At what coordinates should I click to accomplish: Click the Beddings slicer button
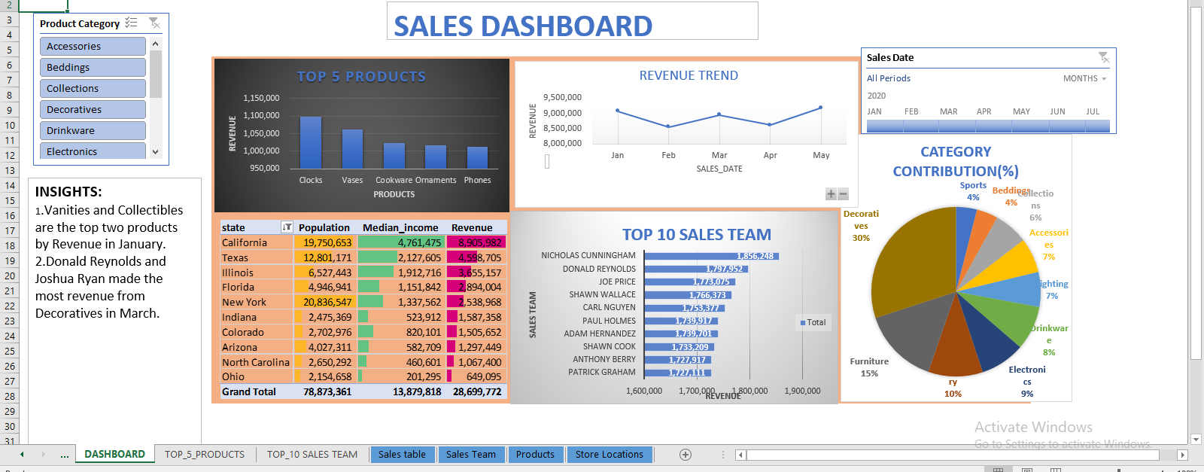(92, 67)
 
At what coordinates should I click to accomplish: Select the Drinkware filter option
(92, 130)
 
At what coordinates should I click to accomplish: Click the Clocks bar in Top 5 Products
(310, 142)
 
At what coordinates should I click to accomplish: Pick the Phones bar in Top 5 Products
(477, 157)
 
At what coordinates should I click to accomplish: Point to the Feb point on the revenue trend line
(668, 126)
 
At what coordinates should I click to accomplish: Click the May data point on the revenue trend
(820, 108)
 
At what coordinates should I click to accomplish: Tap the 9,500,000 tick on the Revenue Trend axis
(562, 97)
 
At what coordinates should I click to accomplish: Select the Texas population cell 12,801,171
(327, 257)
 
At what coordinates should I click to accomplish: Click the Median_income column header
(400, 227)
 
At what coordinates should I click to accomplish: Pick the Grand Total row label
(249, 391)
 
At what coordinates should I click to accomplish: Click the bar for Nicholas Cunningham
(711, 256)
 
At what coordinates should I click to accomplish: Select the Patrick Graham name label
(601, 372)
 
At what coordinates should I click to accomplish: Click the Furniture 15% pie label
(869, 367)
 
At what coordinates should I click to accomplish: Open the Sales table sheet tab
(402, 454)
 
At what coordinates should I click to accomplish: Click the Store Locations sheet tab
(609, 454)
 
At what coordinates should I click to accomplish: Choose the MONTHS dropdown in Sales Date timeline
(1084, 78)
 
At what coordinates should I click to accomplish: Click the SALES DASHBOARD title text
(523, 26)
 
